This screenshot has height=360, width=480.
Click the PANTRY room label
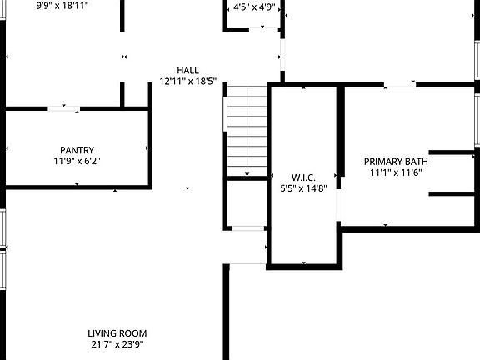coord(76,150)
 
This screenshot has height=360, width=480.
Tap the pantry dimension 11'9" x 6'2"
coord(76,161)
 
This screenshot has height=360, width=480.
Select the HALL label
coord(187,70)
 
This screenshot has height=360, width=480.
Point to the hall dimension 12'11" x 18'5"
coord(187,82)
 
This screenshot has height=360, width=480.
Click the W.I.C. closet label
coord(302,176)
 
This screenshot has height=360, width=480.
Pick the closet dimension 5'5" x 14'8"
coord(302,187)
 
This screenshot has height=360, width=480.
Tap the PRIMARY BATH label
coord(395,161)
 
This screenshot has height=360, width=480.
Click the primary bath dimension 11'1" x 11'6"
coord(395,172)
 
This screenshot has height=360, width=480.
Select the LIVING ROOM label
coord(122,332)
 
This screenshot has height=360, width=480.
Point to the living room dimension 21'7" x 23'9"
coord(122,343)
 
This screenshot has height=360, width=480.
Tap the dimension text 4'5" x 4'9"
coord(254,7)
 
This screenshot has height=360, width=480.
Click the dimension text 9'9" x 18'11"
coord(62,5)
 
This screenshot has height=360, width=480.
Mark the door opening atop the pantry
coord(64,107)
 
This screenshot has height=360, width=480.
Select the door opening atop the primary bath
coord(400,83)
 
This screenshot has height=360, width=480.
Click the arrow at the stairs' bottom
coord(247,173)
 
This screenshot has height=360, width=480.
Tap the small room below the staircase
coord(246,203)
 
